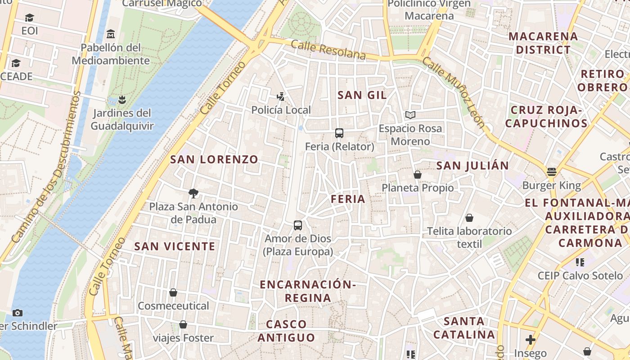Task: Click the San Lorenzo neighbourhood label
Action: (x=214, y=159)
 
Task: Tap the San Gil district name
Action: (x=362, y=95)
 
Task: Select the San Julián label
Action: (x=472, y=166)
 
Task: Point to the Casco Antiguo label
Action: (x=286, y=331)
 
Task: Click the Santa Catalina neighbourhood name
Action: (x=464, y=328)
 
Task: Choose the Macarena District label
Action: (x=543, y=43)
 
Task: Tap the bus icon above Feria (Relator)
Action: (x=339, y=133)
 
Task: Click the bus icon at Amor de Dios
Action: (x=297, y=225)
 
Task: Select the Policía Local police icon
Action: (x=281, y=96)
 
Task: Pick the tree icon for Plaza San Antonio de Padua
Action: (x=193, y=193)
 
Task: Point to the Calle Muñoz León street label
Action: (x=454, y=92)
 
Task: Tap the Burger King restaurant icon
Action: (x=552, y=172)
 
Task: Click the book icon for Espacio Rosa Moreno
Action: (x=410, y=115)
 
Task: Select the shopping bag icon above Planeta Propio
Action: (x=418, y=175)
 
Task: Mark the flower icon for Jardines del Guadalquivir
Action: (x=122, y=99)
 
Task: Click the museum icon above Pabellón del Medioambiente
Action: (x=111, y=34)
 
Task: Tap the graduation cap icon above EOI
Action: (x=30, y=18)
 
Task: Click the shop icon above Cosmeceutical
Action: (x=173, y=293)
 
